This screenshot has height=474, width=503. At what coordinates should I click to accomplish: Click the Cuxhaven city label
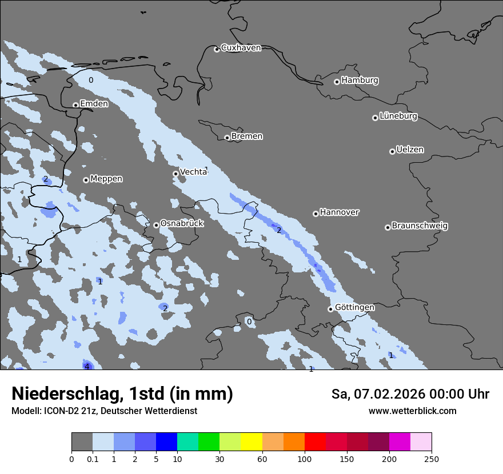pos(241,48)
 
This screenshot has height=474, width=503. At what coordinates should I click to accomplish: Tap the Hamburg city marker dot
pos(337,82)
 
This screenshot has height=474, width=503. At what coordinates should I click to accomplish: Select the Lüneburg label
pos(398,117)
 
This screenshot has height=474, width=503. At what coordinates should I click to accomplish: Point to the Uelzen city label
pos(410,150)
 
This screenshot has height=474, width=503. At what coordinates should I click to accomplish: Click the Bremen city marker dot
pos(227,138)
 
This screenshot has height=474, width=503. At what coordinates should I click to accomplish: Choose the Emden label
pos(94,104)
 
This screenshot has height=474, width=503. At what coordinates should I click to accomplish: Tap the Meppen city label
pos(106,179)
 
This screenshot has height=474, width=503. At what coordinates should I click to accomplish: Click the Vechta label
pos(193,172)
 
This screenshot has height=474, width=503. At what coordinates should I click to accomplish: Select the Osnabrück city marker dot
pos(156,225)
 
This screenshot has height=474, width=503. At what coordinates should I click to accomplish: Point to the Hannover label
pos(339,212)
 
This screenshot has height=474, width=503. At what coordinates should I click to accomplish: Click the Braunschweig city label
pos(420,226)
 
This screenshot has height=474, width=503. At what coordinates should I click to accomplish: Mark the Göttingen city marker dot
pos(330,309)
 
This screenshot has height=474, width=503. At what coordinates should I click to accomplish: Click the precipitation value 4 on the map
pos(87,367)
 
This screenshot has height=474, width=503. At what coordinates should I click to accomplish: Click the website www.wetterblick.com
pos(412,411)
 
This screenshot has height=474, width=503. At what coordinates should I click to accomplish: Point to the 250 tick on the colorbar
pos(432,459)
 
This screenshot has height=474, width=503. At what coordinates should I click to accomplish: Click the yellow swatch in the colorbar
pos(251,442)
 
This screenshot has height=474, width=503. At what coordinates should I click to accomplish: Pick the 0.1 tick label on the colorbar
pos(92,459)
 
